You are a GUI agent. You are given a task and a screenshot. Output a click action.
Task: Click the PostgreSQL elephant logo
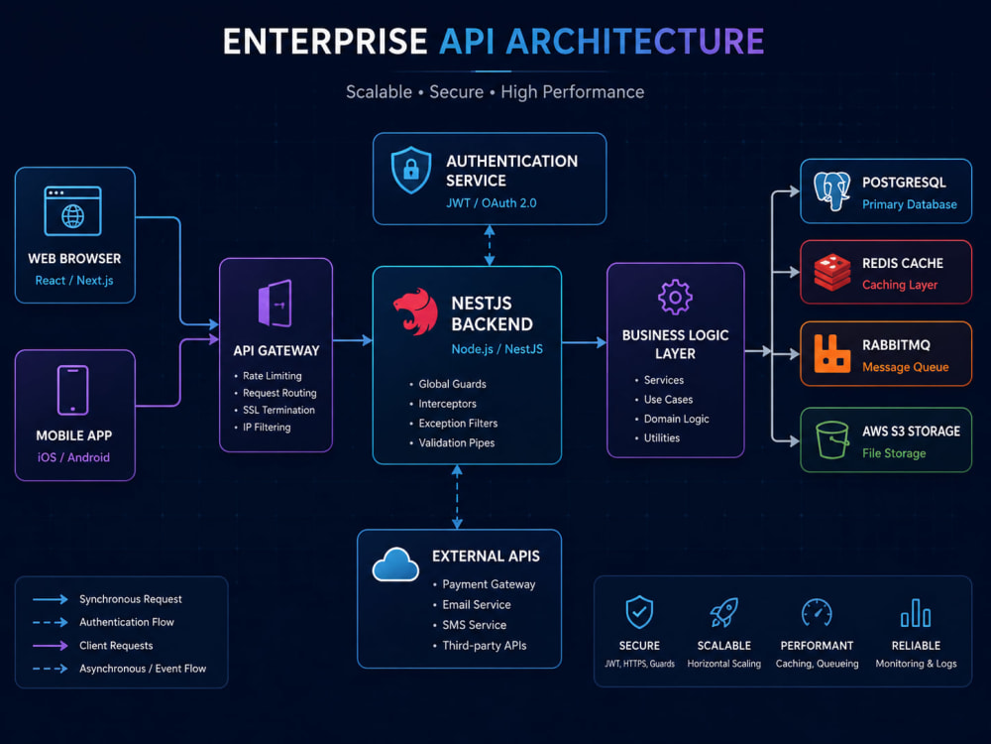coord(832,191)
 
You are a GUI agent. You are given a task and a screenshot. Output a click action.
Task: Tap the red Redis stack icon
coord(832,272)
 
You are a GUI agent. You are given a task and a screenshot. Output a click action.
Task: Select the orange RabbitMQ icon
coord(831,353)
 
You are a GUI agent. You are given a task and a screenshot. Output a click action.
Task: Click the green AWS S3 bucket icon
coord(832,439)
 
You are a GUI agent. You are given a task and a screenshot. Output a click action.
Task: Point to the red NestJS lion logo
coord(415,311)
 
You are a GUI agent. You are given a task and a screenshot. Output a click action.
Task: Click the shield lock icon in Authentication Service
coord(411,170)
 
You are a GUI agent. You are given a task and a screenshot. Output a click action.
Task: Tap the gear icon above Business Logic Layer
coord(675,297)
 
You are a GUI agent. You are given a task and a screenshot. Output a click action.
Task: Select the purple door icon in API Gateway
coord(275,303)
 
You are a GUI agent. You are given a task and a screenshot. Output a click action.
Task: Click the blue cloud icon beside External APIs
coord(395,564)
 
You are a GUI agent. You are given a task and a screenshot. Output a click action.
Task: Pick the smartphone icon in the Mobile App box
coord(72,390)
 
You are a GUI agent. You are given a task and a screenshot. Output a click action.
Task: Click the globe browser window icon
coord(72,210)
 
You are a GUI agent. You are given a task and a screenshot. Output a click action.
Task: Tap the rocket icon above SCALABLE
coord(723,612)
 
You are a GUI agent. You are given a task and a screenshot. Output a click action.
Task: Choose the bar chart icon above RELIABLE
coord(916,612)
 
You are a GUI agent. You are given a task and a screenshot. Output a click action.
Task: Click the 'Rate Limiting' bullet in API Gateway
coord(272,376)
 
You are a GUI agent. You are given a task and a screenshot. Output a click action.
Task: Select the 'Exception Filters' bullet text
coord(458,424)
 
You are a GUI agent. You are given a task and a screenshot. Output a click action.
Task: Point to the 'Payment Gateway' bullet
coord(489,584)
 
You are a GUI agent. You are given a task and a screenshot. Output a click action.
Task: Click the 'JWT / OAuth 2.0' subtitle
coord(492,203)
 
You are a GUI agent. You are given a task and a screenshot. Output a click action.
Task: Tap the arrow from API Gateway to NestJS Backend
coord(353,340)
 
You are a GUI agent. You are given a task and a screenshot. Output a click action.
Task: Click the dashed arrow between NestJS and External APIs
coord(457,497)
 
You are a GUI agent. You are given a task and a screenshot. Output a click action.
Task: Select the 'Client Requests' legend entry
coord(116,646)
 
